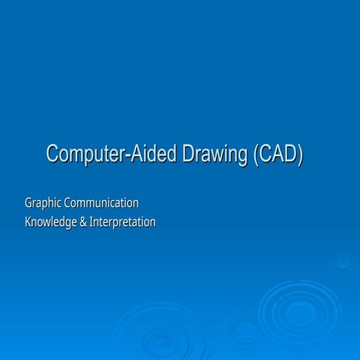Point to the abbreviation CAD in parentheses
pyautogui.click(x=277, y=154)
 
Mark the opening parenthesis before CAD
pyautogui.click(x=255, y=154)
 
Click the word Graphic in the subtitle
pyautogui.click(x=43, y=203)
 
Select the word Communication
pyautogui.click(x=101, y=202)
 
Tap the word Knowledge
pyautogui.click(x=52, y=223)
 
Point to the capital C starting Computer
pyautogui.click(x=52, y=154)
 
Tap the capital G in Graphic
pyautogui.click(x=28, y=202)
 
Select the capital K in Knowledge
pyautogui.click(x=28, y=223)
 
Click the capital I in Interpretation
pyautogui.click(x=91, y=223)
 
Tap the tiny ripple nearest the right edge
pyautogui.click(x=343, y=262)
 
